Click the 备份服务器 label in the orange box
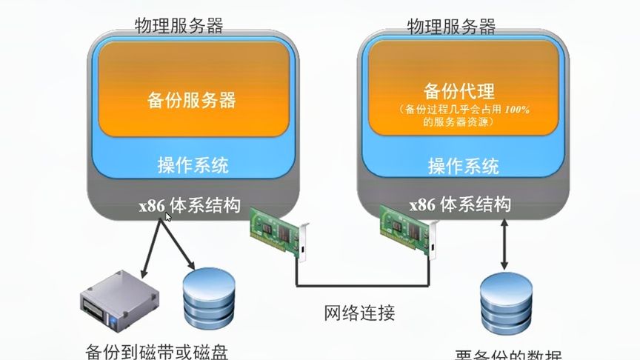click(x=192, y=99)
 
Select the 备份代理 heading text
click(x=459, y=91)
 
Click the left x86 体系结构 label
click(x=190, y=204)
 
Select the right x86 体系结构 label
click(x=460, y=204)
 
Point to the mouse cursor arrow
click(x=169, y=216)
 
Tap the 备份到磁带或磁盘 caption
click(x=162, y=350)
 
